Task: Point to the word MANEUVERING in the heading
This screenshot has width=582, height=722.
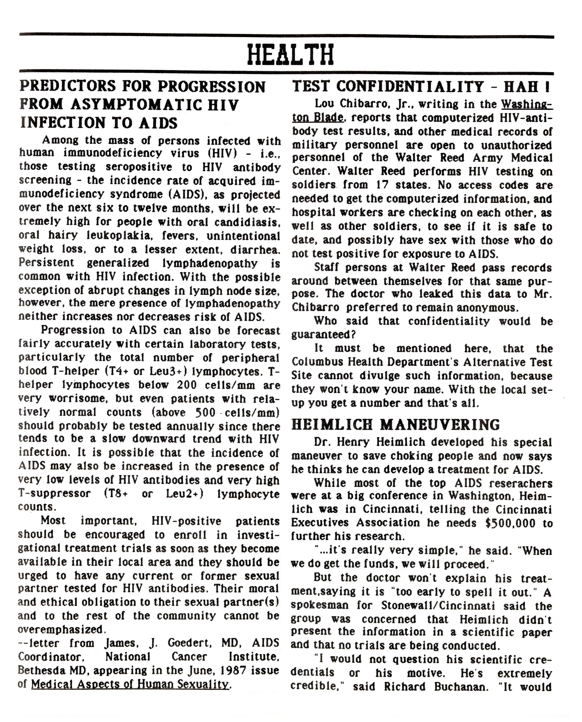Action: (x=440, y=425)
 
